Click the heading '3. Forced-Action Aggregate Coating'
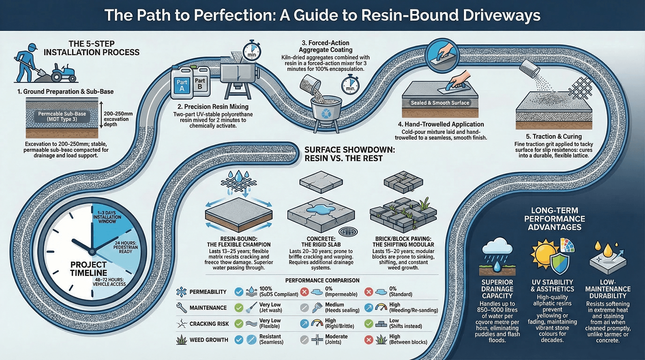[325, 46]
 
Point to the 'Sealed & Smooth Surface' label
[440, 103]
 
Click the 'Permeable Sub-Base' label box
[62, 116]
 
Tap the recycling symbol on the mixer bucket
[326, 113]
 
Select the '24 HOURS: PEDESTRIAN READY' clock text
[126, 247]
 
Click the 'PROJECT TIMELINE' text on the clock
[88, 269]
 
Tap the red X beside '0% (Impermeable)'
[304, 292]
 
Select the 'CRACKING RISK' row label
[209, 324]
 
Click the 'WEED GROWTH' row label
[209, 340]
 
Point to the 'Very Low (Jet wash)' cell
[270, 307]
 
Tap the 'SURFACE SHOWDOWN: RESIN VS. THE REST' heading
[349, 154]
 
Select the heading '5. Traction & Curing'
[554, 136]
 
